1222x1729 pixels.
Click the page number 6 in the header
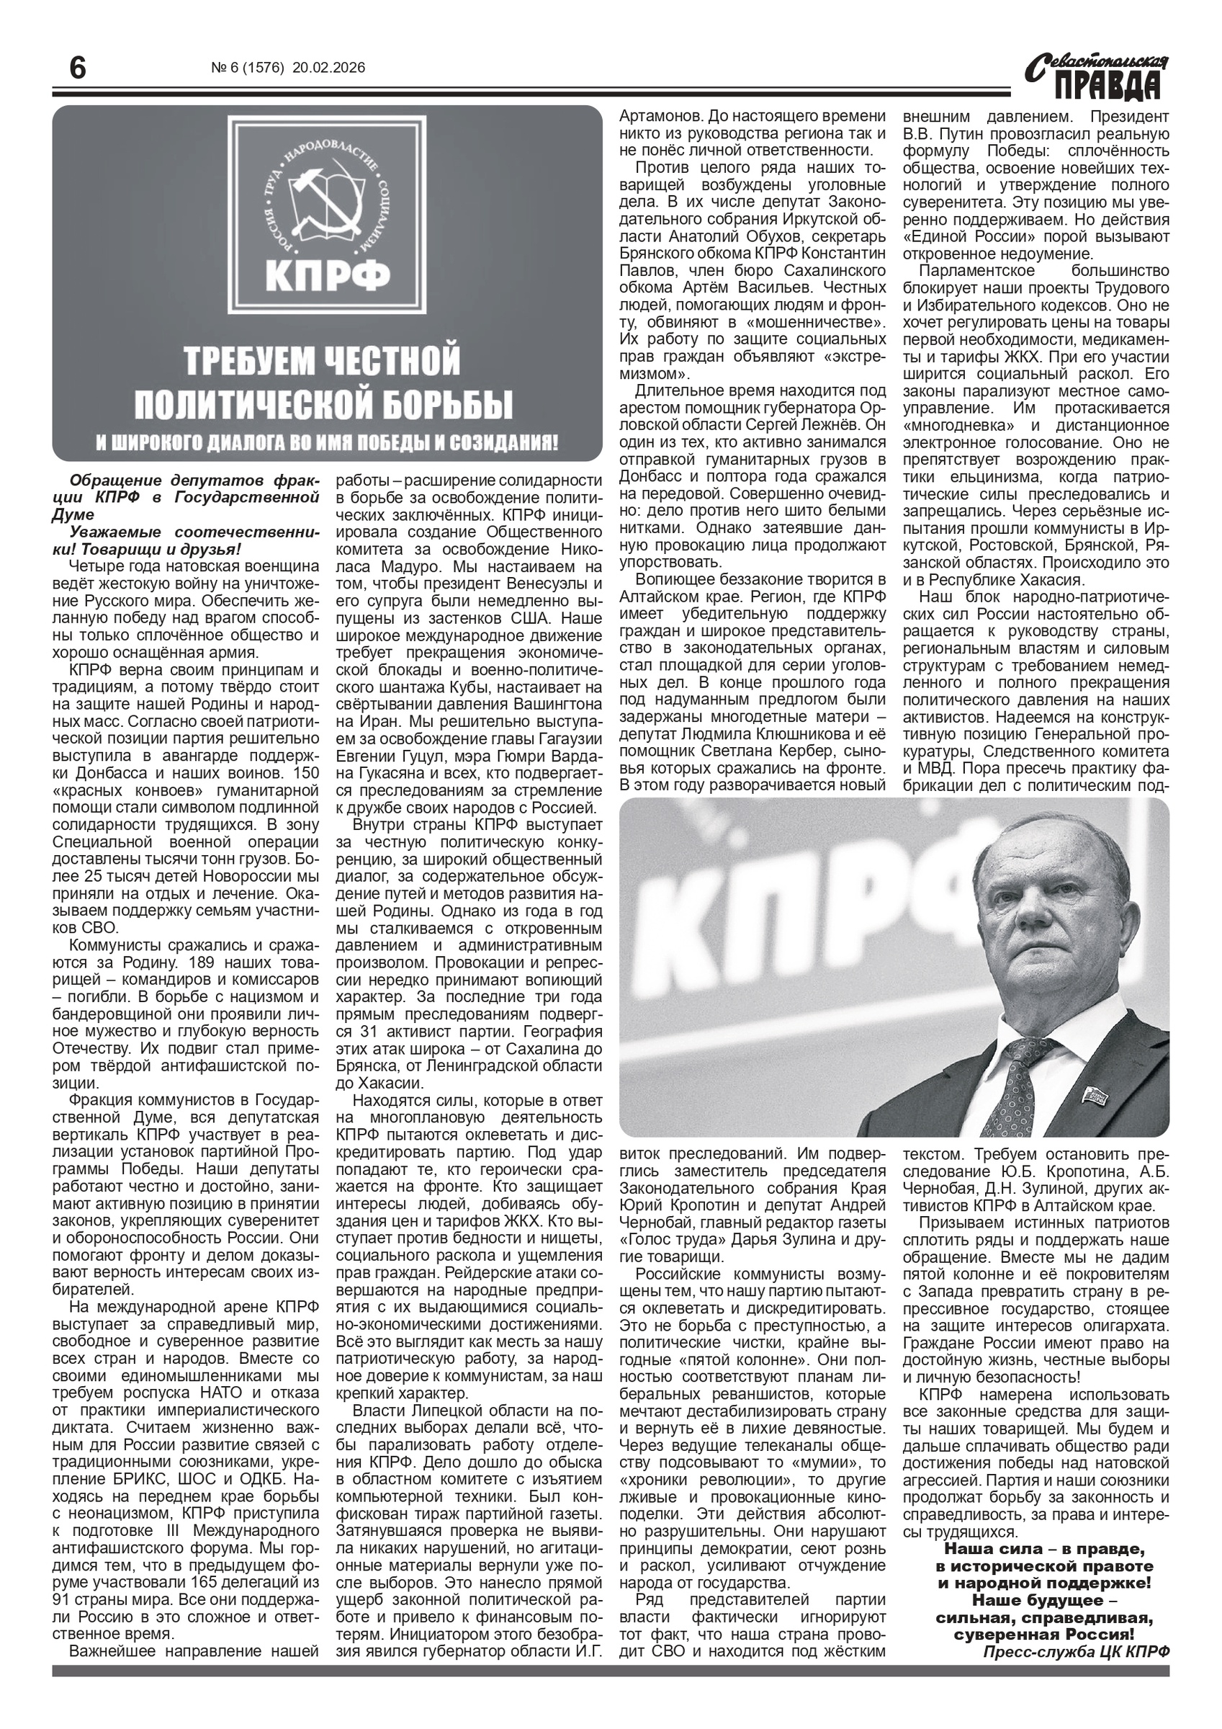tap(77, 69)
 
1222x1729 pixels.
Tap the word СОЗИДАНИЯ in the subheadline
tap(498, 442)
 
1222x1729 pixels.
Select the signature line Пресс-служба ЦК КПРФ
tap(1077, 1651)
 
